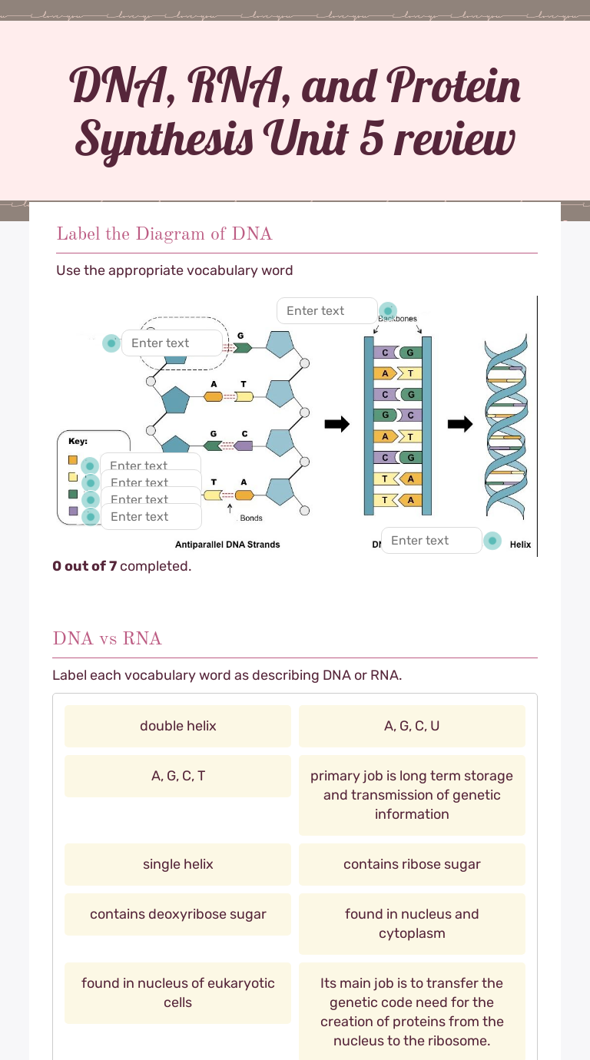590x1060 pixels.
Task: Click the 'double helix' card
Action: point(177,726)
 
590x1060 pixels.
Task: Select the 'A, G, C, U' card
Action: point(412,726)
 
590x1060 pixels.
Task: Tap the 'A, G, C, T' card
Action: point(177,776)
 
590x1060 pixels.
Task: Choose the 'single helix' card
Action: point(177,864)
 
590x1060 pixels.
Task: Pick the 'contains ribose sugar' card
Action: point(412,864)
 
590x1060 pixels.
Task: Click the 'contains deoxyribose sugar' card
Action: point(177,914)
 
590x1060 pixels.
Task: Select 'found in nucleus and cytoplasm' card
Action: point(412,923)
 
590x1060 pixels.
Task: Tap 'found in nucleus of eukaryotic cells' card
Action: point(177,992)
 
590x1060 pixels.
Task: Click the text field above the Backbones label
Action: point(326,311)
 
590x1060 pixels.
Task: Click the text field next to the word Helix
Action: point(431,541)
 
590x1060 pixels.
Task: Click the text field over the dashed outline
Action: point(171,343)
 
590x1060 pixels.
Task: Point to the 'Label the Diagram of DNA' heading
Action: point(164,234)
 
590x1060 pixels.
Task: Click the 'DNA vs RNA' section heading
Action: point(107,638)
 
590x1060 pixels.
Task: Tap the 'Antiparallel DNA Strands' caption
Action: point(227,545)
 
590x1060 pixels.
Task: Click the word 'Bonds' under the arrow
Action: point(251,518)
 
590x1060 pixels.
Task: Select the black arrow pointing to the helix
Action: point(460,424)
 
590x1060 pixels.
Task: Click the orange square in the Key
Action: point(73,460)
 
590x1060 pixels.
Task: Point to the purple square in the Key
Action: point(73,511)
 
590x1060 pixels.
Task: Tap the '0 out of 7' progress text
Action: point(121,566)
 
